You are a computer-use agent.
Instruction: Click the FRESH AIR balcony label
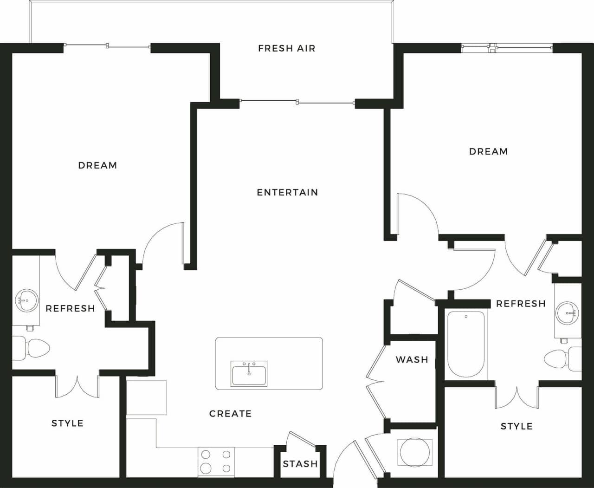(286, 48)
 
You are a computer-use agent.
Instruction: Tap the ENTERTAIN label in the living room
(287, 192)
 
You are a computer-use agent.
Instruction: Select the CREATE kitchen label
(230, 414)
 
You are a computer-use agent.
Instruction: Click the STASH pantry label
(300, 464)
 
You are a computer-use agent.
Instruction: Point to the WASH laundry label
(412, 359)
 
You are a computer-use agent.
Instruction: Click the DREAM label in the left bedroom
(97, 165)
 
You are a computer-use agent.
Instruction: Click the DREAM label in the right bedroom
(488, 151)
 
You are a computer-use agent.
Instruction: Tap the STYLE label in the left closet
(67, 423)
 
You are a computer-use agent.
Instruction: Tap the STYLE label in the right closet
(517, 426)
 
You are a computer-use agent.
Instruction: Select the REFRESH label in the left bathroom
(70, 308)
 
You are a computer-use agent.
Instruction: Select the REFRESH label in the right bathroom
(521, 304)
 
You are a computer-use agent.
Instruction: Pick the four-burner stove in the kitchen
(216, 462)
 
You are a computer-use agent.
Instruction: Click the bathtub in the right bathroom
(466, 344)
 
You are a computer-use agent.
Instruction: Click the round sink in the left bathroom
(26, 301)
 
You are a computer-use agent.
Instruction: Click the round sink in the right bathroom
(567, 313)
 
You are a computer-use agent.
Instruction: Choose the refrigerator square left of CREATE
(146, 397)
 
